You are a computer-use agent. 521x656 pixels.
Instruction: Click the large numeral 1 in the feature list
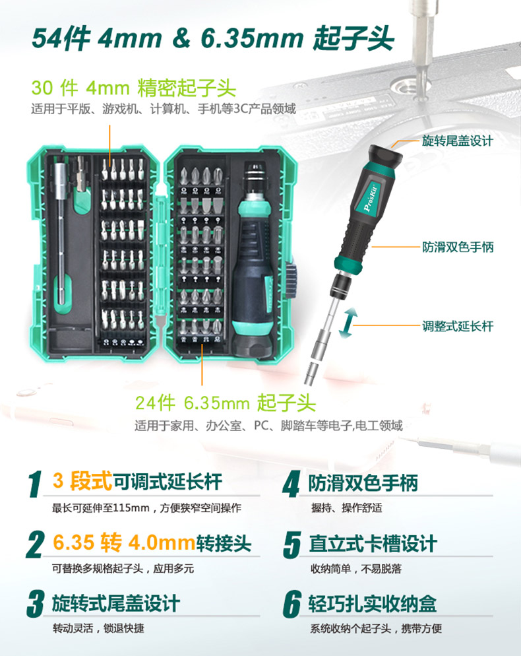(36, 484)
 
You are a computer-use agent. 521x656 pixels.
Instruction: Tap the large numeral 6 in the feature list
(292, 604)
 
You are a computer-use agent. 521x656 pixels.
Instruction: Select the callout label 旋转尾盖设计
(458, 141)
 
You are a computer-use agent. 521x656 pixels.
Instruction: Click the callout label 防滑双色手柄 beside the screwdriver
(458, 247)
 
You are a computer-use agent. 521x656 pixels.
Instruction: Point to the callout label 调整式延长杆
(458, 326)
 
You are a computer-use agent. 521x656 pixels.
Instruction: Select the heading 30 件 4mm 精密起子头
(134, 88)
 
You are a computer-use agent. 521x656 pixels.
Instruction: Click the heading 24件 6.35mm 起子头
(225, 403)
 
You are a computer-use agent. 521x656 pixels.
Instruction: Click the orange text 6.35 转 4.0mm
(124, 542)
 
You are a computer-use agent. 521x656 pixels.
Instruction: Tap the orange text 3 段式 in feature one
(82, 480)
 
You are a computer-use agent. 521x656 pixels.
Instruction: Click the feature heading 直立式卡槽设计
(373, 543)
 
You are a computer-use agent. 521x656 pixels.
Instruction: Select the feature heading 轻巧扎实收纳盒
(373, 603)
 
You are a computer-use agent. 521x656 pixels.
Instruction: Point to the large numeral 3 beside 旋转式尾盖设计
(36, 604)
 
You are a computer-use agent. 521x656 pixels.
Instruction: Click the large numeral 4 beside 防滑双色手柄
(291, 484)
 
